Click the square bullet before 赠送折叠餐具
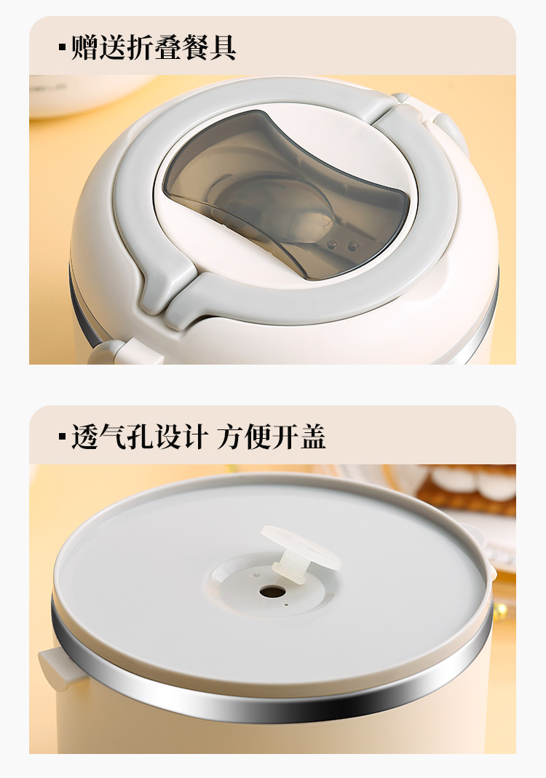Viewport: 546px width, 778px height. pos(62,48)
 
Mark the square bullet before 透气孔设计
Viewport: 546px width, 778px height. pos(62,437)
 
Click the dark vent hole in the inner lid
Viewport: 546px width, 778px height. pos(272,592)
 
